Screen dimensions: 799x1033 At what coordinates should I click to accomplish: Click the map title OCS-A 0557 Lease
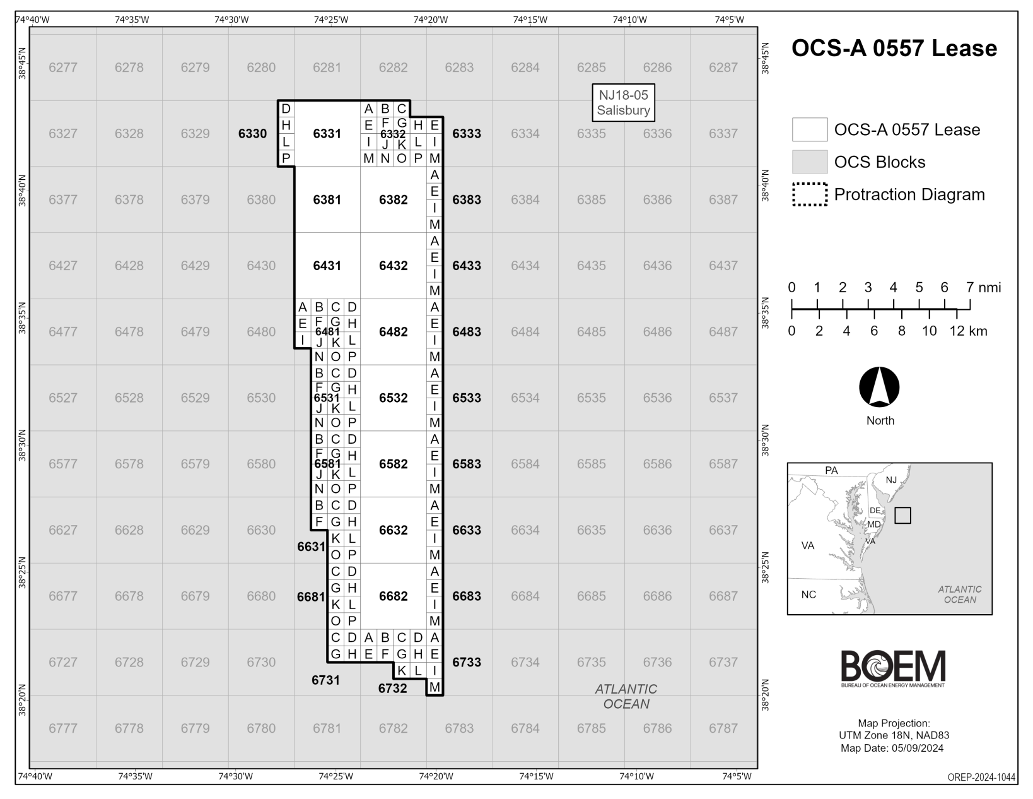click(894, 49)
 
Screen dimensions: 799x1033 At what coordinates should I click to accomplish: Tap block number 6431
click(327, 266)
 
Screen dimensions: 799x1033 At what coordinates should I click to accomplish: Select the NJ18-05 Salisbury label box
click(623, 103)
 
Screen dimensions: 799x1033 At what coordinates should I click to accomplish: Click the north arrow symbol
click(879, 388)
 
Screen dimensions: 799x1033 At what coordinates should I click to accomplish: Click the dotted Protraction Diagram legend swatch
click(810, 194)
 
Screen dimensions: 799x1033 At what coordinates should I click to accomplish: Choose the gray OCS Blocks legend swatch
click(810, 162)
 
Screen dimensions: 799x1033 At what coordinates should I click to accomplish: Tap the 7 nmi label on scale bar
click(983, 288)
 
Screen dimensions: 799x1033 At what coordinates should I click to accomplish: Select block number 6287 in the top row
click(723, 68)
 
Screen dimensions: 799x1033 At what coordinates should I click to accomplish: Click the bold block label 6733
click(466, 662)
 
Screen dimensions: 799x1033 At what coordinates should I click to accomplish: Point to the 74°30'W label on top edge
click(231, 20)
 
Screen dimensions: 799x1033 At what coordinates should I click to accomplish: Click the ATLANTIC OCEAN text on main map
click(626, 696)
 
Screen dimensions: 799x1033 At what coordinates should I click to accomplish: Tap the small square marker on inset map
click(902, 516)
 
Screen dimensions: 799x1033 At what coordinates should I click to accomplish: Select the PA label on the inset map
click(831, 470)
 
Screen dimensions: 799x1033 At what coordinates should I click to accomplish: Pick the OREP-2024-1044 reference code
click(981, 778)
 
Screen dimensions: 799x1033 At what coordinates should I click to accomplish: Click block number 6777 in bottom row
click(62, 728)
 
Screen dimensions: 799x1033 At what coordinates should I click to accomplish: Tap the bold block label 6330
click(252, 134)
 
